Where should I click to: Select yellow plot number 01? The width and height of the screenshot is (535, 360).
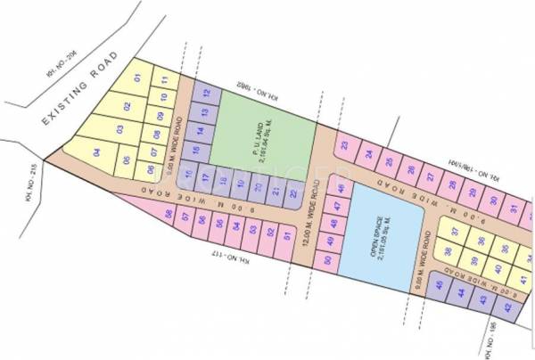138,78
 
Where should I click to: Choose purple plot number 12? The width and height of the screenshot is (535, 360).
206,92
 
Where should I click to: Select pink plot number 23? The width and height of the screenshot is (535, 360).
344,145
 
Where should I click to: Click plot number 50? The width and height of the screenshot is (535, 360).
329,260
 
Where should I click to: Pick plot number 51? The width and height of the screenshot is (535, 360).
286,237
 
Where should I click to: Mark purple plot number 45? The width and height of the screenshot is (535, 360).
440,285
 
